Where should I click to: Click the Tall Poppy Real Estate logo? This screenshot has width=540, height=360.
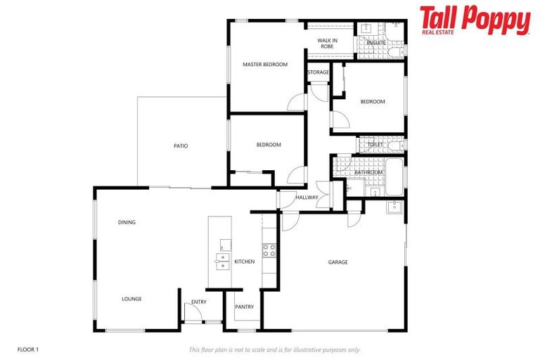475,20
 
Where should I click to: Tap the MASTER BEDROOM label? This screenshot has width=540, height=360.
265,65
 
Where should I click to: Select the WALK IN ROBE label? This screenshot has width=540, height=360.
328,43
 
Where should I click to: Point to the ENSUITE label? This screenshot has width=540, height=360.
376,43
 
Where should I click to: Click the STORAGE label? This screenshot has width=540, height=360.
318,72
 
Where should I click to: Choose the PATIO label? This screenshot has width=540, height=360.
181,146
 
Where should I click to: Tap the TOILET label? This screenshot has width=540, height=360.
375,145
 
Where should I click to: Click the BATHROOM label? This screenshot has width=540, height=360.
368,172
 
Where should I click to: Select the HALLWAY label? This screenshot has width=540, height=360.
307,198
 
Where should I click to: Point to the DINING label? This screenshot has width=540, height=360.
127,223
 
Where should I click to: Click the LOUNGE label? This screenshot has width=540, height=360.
131,299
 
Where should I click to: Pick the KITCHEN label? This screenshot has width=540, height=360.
245,262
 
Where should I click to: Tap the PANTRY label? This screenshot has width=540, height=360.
245,307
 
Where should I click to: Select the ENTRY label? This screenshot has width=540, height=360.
199,302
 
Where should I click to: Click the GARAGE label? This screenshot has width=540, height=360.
338,262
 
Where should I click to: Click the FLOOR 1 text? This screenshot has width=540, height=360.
28,349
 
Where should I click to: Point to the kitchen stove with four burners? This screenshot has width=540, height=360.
269,250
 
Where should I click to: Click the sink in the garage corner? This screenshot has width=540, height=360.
394,207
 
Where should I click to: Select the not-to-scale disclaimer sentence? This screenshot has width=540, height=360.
275,349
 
